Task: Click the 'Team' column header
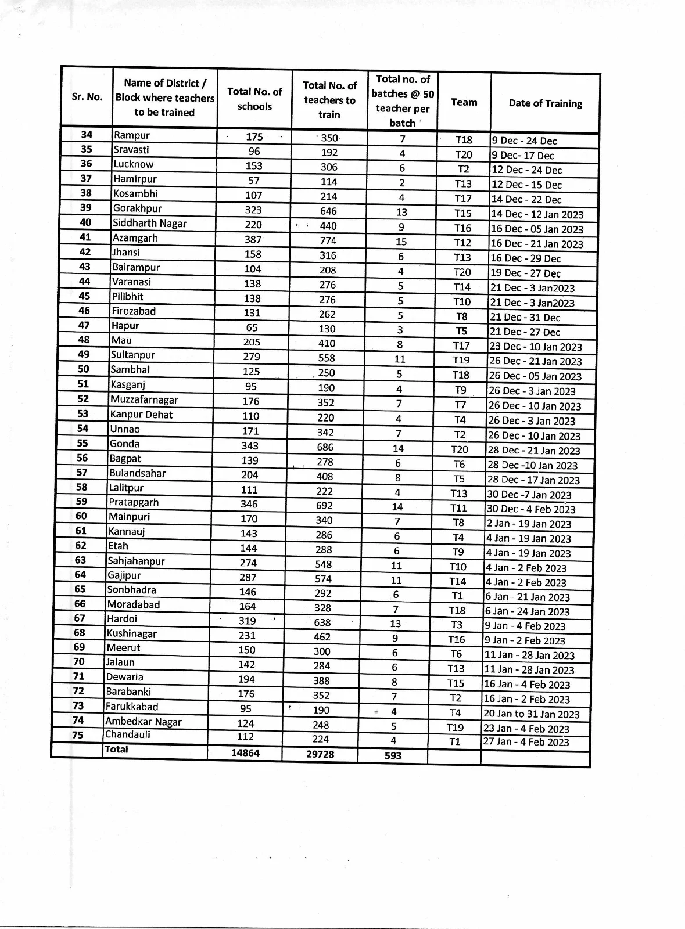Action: [464, 102]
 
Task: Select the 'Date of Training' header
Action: [545, 103]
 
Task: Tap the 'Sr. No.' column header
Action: [87, 97]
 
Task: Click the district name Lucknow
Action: [134, 164]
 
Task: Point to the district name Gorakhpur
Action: [137, 208]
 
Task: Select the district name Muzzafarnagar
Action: [144, 399]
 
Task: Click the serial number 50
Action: [83, 369]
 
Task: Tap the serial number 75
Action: [78, 735]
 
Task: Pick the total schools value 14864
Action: [245, 753]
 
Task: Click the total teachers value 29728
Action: [320, 754]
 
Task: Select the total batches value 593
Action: [393, 755]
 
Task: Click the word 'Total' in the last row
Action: [116, 749]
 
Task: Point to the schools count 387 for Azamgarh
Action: [253, 239]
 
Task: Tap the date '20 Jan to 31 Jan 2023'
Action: [531, 714]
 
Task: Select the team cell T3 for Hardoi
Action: [457, 625]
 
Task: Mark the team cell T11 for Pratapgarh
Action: [458, 508]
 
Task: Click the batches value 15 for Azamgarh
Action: [401, 242]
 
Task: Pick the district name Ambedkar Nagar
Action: [144, 722]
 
